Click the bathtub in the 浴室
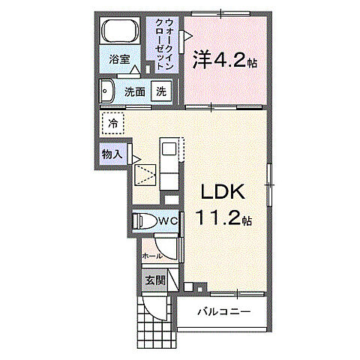(119, 31)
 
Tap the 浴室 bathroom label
(119, 59)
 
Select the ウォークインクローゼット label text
(164, 45)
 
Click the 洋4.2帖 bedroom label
(224, 59)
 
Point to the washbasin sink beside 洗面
(107, 91)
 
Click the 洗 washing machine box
(161, 91)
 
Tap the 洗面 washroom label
(135, 92)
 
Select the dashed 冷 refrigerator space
(113, 123)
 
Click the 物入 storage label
(112, 154)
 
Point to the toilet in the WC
(143, 221)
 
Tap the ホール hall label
(152, 256)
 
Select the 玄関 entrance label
(155, 280)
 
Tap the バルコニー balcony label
(224, 312)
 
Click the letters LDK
(223, 192)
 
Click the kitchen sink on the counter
(169, 149)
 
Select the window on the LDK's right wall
(269, 184)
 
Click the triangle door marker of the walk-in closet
(188, 36)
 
